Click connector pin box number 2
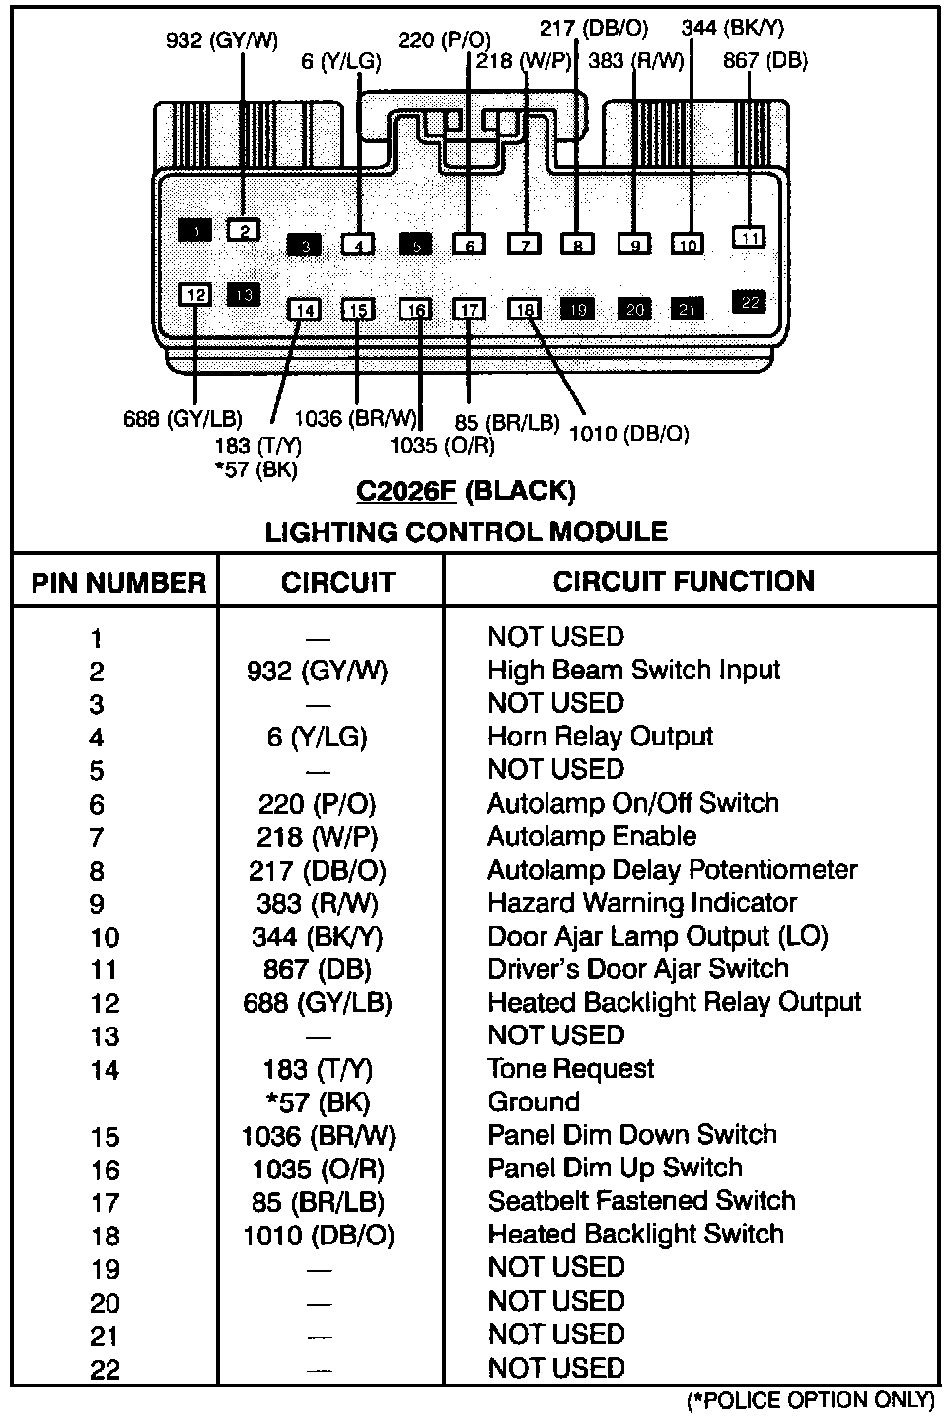[x=243, y=231]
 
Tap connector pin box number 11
[x=750, y=238]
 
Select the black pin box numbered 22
[x=750, y=302]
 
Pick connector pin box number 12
[x=195, y=294]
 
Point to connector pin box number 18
[x=525, y=310]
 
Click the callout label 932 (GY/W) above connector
[x=222, y=40]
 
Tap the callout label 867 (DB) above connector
[x=765, y=61]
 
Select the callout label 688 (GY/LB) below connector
[x=182, y=419]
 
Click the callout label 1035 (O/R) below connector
[x=442, y=445]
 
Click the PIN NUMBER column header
[x=117, y=583]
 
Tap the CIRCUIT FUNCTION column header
[x=684, y=581]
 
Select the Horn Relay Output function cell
[x=600, y=737]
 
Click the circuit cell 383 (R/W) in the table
[x=316, y=903]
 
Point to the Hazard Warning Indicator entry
[x=642, y=903]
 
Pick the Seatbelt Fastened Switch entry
[x=641, y=1201]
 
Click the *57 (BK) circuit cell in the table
[x=317, y=1102]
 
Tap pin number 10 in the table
[x=105, y=937]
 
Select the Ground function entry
[x=534, y=1102]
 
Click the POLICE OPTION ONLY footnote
[x=809, y=1400]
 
